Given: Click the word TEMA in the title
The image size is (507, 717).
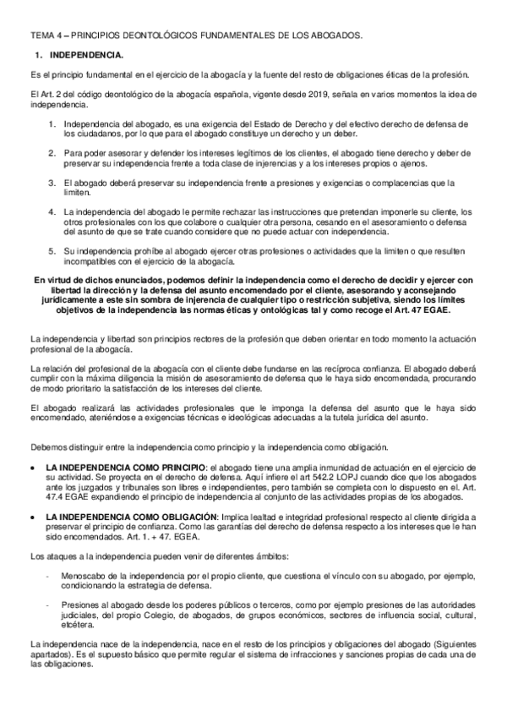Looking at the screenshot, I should [41, 36].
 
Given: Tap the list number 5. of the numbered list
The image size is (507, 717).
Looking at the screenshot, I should [52, 252].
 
